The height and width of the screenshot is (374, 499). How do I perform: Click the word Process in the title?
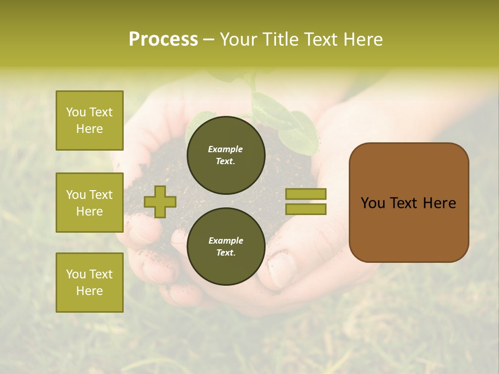[x=163, y=39]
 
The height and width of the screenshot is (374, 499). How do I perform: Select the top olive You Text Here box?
[x=89, y=121]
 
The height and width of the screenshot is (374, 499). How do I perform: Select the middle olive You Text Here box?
[x=89, y=203]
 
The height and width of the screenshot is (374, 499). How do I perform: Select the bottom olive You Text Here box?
[x=89, y=283]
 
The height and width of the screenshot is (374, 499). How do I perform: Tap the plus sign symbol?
[x=160, y=202]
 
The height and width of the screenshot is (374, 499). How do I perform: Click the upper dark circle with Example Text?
[x=226, y=155]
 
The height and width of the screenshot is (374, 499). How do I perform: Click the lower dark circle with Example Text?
[x=226, y=247]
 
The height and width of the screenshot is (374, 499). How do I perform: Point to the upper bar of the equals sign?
[x=306, y=194]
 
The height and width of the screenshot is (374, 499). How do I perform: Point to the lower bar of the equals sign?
[x=306, y=209]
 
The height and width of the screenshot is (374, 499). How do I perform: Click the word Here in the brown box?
[x=439, y=203]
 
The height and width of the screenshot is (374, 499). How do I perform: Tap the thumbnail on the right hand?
[x=283, y=270]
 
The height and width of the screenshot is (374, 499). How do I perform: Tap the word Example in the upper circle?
[x=226, y=149]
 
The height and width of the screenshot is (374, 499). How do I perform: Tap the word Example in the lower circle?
[x=226, y=241]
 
